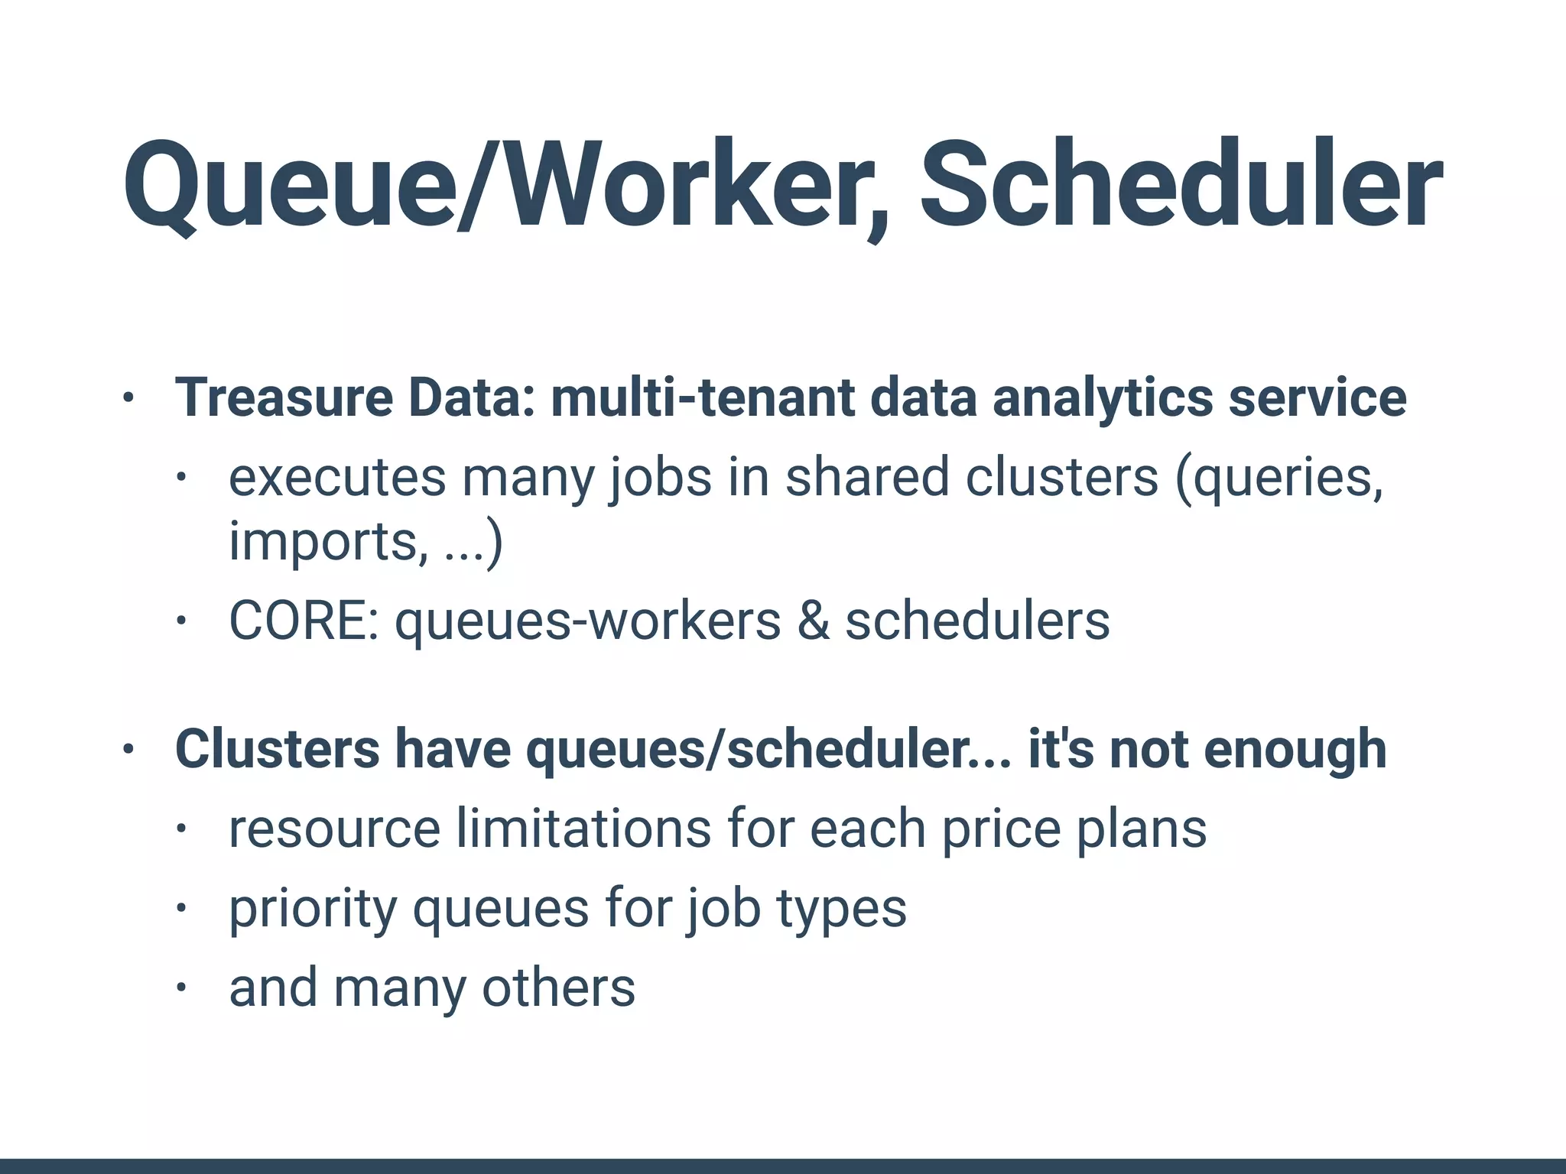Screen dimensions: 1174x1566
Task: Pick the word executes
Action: point(337,478)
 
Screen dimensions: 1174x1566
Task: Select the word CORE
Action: point(303,620)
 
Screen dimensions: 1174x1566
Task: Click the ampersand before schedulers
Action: point(813,620)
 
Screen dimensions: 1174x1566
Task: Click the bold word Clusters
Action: point(277,749)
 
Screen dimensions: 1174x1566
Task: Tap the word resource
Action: point(335,829)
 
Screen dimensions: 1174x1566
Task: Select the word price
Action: point(1001,829)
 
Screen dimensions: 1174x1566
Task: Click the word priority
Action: point(313,910)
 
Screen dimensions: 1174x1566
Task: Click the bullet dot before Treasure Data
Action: point(128,398)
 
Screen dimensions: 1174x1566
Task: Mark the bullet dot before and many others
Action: point(180,988)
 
